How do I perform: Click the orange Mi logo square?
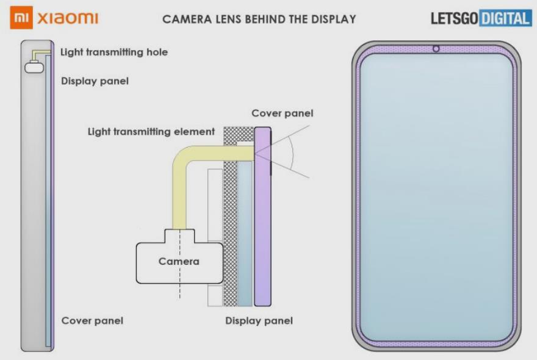tap(21, 18)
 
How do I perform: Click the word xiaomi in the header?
tap(68, 18)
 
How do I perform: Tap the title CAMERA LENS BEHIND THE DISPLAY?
tap(259, 19)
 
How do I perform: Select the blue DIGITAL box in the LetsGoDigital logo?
tap(505, 18)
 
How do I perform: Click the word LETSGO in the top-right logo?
tap(454, 18)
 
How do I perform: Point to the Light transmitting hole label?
tap(114, 52)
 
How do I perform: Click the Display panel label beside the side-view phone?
tap(95, 81)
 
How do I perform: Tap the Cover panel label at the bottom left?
tap(92, 320)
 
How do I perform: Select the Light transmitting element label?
tap(151, 132)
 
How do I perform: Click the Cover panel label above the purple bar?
tap(282, 113)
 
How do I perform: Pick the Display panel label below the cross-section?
tap(259, 320)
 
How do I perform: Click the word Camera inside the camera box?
tap(179, 261)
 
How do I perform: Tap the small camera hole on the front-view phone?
tap(436, 49)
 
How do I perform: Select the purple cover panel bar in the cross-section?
tap(262, 217)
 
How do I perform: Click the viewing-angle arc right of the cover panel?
tap(293, 153)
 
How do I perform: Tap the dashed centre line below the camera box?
tap(180, 291)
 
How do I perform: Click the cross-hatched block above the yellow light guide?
tap(239, 134)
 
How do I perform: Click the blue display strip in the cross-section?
tap(245, 234)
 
